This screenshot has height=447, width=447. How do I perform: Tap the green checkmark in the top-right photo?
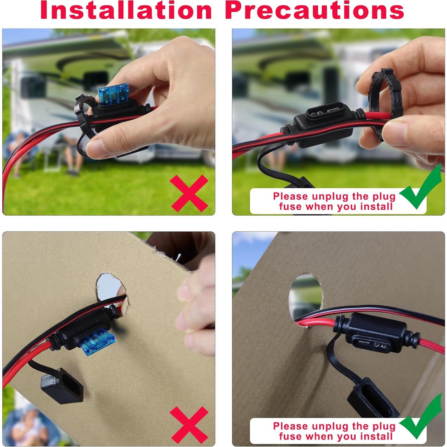coord(421,191)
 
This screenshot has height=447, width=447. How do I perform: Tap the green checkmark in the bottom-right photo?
coord(421,418)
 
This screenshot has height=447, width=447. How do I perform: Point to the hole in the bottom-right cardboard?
coord(306,294)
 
